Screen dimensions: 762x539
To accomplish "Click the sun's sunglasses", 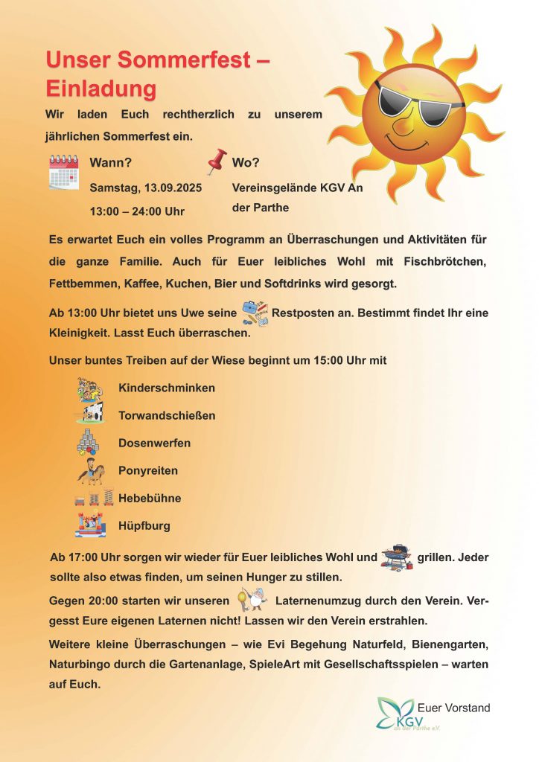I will point(420,102).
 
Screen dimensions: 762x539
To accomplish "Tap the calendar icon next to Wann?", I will point(64,172).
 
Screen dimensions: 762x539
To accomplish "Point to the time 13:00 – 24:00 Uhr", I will point(137,212).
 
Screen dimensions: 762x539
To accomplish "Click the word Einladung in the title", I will point(101,89).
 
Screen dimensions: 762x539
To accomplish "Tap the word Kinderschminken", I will point(167,388).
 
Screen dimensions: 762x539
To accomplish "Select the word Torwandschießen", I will point(167,415).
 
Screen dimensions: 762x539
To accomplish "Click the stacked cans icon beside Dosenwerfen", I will point(89,443).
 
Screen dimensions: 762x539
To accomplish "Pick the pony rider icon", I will point(92,472).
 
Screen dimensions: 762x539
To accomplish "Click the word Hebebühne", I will point(150,498).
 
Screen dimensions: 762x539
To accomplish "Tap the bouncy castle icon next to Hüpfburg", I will point(90,525).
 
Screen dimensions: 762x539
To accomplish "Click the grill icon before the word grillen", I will point(396,557).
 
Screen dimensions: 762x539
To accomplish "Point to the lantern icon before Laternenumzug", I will point(251,598).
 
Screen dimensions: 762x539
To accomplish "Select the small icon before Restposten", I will point(255,313).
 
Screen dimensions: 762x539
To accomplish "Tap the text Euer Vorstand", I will point(454,708).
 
